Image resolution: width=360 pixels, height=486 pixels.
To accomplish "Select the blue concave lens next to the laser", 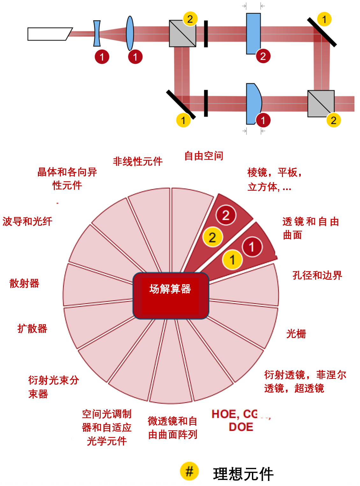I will click(97, 33).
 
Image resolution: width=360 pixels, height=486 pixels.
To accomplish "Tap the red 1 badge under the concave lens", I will click(102, 57).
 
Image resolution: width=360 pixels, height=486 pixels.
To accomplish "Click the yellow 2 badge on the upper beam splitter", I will click(190, 19).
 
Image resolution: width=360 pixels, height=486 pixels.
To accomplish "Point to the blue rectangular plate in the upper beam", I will click(254, 33).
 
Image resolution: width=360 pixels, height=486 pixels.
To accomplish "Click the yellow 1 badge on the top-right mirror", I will click(324, 19).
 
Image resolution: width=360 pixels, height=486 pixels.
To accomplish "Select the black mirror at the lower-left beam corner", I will click(181, 104).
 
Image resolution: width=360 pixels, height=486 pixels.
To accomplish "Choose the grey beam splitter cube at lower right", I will click(321, 104).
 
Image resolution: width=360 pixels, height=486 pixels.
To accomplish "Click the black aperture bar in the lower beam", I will click(206, 103).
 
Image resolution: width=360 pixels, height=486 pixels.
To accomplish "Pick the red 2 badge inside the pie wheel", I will click(226, 215).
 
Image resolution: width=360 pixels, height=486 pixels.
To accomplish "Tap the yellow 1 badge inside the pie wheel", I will click(232, 260).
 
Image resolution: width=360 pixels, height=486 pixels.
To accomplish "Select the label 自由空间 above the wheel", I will click(204, 156).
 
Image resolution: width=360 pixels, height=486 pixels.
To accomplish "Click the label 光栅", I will click(296, 334).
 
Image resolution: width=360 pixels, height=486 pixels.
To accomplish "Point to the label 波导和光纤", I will click(27, 221).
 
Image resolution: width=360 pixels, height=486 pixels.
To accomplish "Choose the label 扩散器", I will click(32, 328).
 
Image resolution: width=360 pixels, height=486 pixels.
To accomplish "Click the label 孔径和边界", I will click(317, 275).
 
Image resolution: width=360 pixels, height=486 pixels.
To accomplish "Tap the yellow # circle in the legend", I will click(189, 471).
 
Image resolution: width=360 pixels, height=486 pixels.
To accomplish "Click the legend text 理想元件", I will click(243, 474).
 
